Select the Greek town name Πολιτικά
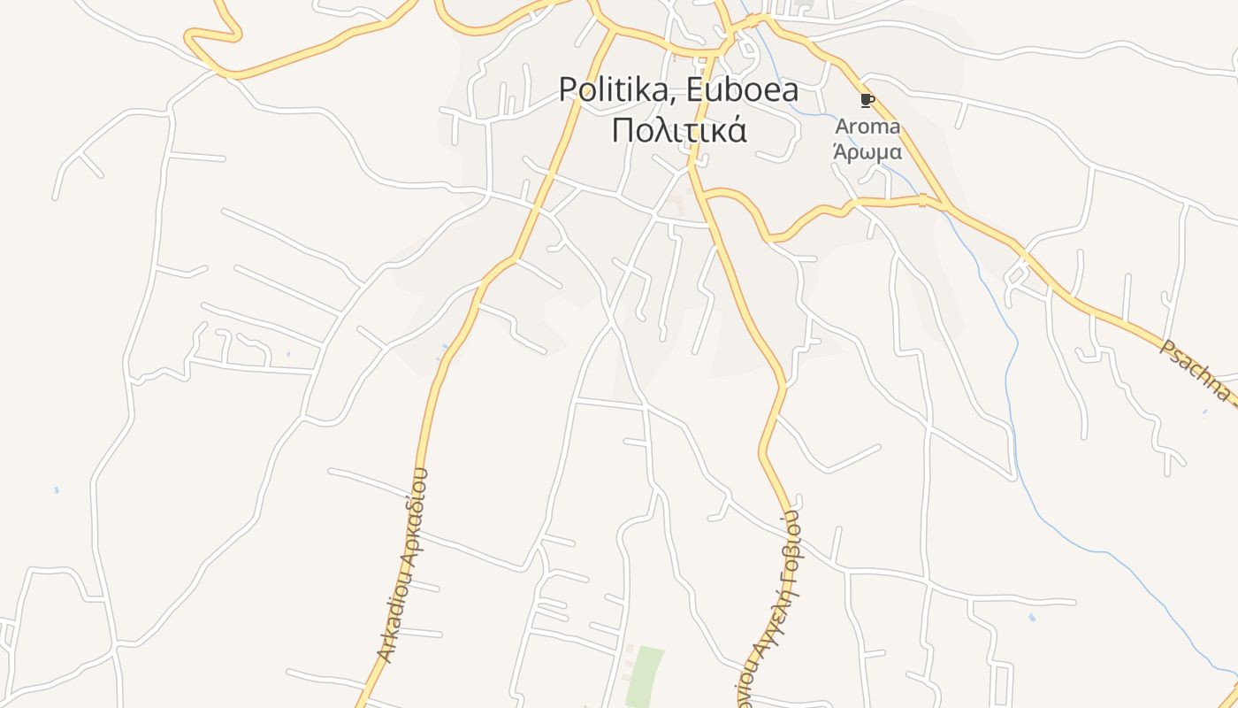[679, 130]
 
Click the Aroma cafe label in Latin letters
[867, 127]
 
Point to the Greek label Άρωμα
[867, 150]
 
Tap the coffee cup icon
[867, 100]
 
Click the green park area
[646, 677]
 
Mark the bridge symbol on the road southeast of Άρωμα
[922, 200]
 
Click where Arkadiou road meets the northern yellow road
[612, 31]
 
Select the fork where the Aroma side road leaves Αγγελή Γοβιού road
[705, 194]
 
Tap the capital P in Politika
[569, 90]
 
